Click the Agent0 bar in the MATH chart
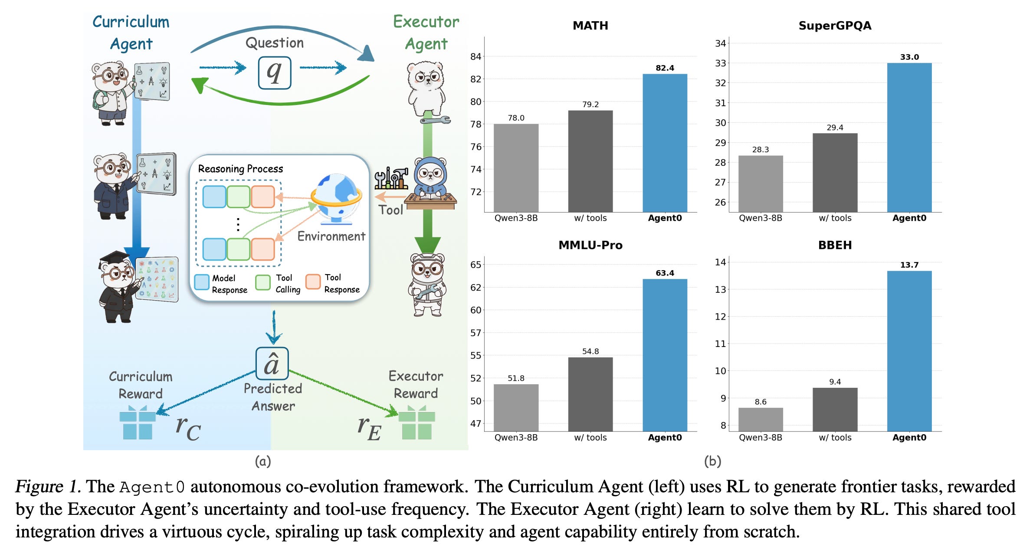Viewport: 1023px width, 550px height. [665, 143]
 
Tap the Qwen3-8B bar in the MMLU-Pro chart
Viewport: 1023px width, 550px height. [516, 407]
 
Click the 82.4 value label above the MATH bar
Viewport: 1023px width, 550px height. [665, 68]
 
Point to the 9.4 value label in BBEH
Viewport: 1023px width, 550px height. [835, 382]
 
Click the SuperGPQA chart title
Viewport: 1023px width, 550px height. [835, 26]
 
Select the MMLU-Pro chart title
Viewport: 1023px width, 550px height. [590, 245]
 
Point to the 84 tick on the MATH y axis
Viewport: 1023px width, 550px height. [475, 56]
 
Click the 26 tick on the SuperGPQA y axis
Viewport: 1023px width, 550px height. [720, 202]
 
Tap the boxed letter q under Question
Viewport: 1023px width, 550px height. [274, 73]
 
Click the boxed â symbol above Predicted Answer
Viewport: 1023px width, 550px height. [272, 363]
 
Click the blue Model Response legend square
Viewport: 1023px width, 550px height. [202, 282]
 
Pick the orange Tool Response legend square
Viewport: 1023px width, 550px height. [313, 282]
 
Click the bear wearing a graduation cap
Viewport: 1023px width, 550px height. [118, 286]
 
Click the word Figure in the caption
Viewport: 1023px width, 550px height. [39, 487]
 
